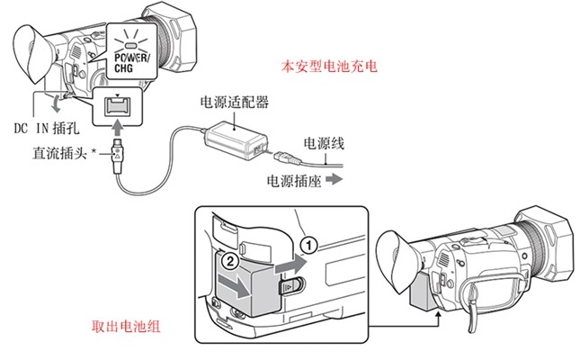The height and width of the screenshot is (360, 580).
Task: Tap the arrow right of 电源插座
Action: tap(334, 180)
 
